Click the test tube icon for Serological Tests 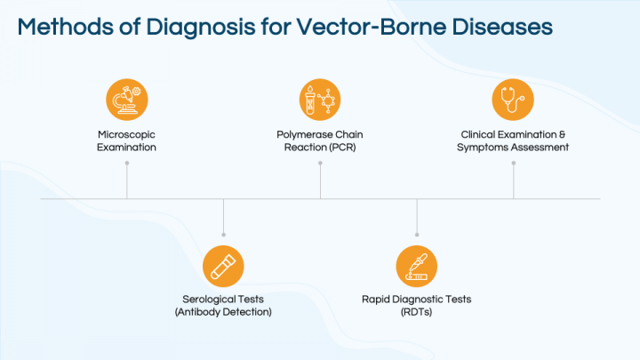pyautogui.click(x=223, y=265)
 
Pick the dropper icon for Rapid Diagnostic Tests pyautogui.click(x=416, y=265)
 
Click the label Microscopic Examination pyautogui.click(x=126, y=140)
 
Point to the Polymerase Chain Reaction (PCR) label pyautogui.click(x=320, y=140)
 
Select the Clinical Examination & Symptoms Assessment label pyautogui.click(x=513, y=140)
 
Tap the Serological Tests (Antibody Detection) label pyautogui.click(x=223, y=306)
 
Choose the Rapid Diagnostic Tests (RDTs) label pyautogui.click(x=416, y=306)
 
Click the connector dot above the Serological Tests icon pyautogui.click(x=223, y=235)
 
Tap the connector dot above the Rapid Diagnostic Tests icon pyautogui.click(x=416, y=235)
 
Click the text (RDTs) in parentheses pyautogui.click(x=416, y=312)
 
